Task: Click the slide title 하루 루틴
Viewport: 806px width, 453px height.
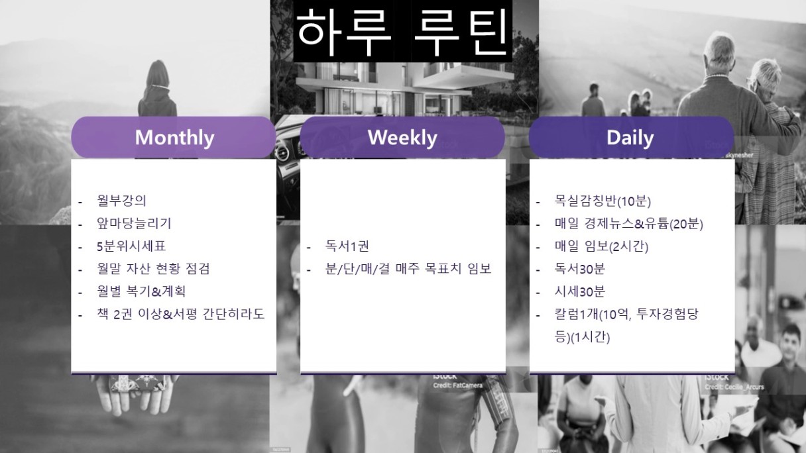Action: point(402,31)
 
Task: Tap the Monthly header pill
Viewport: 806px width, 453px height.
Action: point(174,137)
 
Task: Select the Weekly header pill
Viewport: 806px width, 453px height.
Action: point(402,137)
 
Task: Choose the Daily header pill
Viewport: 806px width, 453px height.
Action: point(631,137)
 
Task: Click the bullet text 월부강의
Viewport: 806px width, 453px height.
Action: point(121,201)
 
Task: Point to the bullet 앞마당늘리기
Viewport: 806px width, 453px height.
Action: point(134,223)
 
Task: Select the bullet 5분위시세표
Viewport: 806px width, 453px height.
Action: point(131,246)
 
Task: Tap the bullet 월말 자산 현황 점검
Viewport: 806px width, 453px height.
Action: point(153,269)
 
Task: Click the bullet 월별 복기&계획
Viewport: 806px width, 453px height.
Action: point(141,291)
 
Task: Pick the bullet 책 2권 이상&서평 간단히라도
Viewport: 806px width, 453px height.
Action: point(181,314)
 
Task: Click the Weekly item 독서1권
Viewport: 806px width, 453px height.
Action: point(347,246)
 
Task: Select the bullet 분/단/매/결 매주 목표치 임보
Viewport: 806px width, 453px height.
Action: point(408,269)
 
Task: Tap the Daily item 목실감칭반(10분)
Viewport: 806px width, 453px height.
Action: point(603,201)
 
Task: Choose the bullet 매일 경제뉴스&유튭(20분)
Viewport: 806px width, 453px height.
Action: point(629,224)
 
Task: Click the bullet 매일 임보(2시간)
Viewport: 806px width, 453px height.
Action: point(601,246)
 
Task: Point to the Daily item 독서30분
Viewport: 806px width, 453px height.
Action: point(580,269)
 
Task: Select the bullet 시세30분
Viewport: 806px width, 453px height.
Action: point(580,291)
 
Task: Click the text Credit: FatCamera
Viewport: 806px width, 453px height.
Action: point(458,385)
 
